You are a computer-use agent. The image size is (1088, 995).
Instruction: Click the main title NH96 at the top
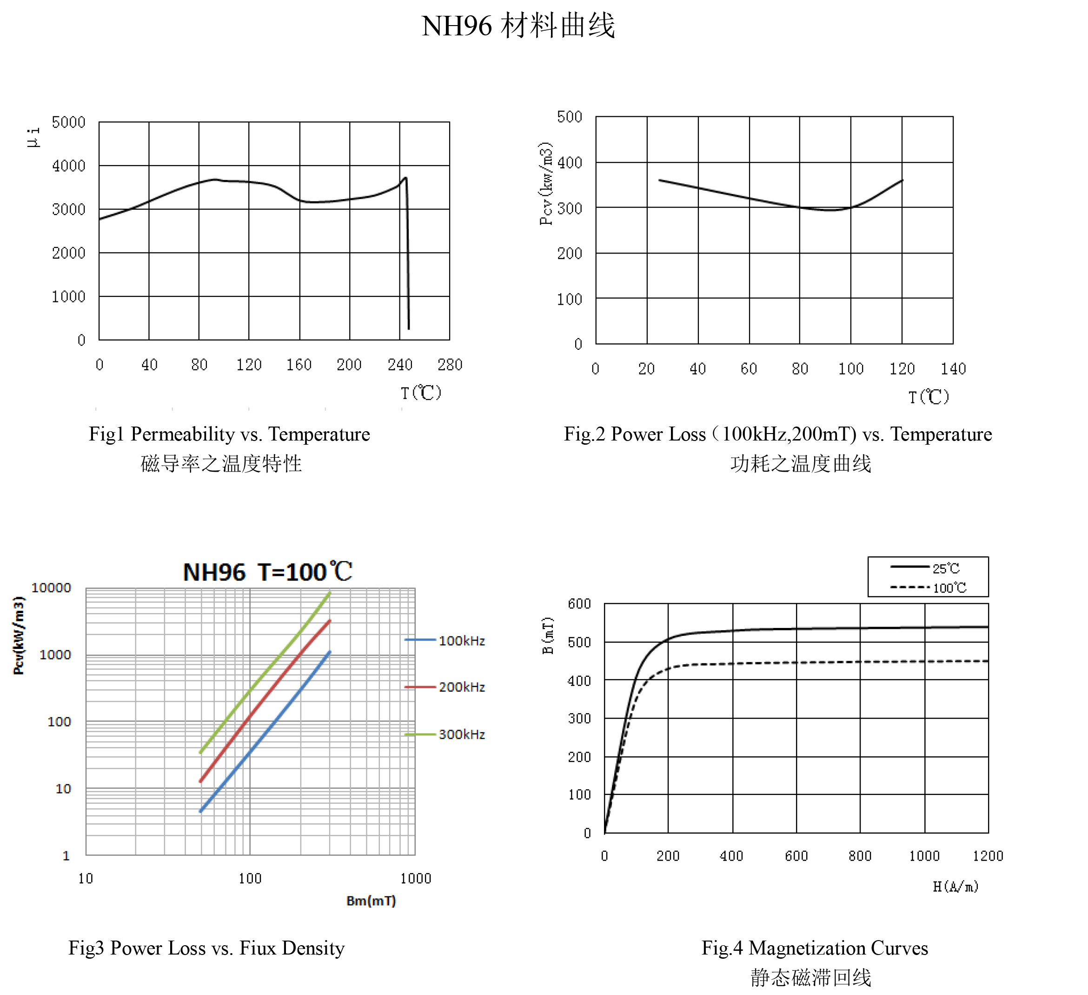pos(457,26)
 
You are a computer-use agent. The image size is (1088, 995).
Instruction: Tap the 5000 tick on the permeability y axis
pos(68,122)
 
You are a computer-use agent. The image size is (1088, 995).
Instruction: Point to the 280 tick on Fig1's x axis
pos(450,365)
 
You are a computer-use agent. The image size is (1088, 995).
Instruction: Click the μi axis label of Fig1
pos(33,137)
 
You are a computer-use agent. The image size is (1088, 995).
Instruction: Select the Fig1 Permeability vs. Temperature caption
pos(229,434)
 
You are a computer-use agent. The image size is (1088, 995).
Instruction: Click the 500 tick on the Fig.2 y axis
pos(570,117)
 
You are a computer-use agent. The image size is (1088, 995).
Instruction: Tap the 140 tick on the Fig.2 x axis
pos(953,369)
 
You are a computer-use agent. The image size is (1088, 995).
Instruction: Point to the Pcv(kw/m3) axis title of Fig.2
pos(546,184)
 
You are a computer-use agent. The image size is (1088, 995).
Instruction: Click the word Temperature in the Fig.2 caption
pos(941,434)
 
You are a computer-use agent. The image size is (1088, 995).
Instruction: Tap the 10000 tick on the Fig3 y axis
pos(51,588)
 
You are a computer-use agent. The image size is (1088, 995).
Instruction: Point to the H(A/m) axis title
pos(956,887)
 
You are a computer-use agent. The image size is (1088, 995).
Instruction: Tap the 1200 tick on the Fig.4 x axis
pos(988,856)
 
